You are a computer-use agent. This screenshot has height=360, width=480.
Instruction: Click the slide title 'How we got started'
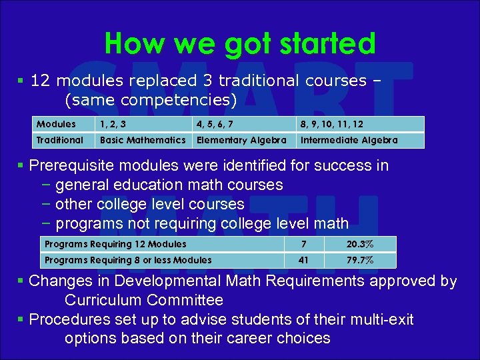point(240,44)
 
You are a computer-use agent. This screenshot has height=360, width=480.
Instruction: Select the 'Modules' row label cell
point(57,124)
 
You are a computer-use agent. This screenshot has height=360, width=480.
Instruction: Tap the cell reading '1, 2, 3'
point(113,124)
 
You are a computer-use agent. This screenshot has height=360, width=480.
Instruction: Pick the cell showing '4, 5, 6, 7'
point(214,124)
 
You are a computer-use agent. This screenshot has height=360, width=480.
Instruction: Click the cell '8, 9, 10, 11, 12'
point(331,124)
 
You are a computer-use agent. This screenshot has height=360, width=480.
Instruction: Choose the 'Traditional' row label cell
point(60,140)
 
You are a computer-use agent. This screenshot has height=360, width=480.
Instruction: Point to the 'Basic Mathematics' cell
point(143,140)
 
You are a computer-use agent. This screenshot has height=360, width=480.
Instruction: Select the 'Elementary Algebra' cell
point(241,140)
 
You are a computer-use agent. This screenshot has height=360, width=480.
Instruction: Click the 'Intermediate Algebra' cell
point(349,140)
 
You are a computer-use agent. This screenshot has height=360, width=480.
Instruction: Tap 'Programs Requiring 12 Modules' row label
point(115,244)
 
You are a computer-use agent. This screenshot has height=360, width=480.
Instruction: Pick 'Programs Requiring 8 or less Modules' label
point(128,260)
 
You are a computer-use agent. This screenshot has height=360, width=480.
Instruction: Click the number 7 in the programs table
point(303,244)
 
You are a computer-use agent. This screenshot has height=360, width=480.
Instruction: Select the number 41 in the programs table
point(303,260)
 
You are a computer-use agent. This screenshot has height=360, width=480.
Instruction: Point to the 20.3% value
point(359,244)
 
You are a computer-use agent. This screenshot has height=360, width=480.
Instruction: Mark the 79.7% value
point(359,260)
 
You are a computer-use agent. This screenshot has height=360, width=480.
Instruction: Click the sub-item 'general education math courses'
point(169,185)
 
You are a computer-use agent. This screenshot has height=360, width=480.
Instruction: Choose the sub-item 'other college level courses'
point(150,204)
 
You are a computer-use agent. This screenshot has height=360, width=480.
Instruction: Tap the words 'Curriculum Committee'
point(144,300)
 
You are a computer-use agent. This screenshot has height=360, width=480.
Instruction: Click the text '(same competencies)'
point(151,100)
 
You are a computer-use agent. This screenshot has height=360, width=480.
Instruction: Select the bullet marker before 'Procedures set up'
point(22,320)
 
